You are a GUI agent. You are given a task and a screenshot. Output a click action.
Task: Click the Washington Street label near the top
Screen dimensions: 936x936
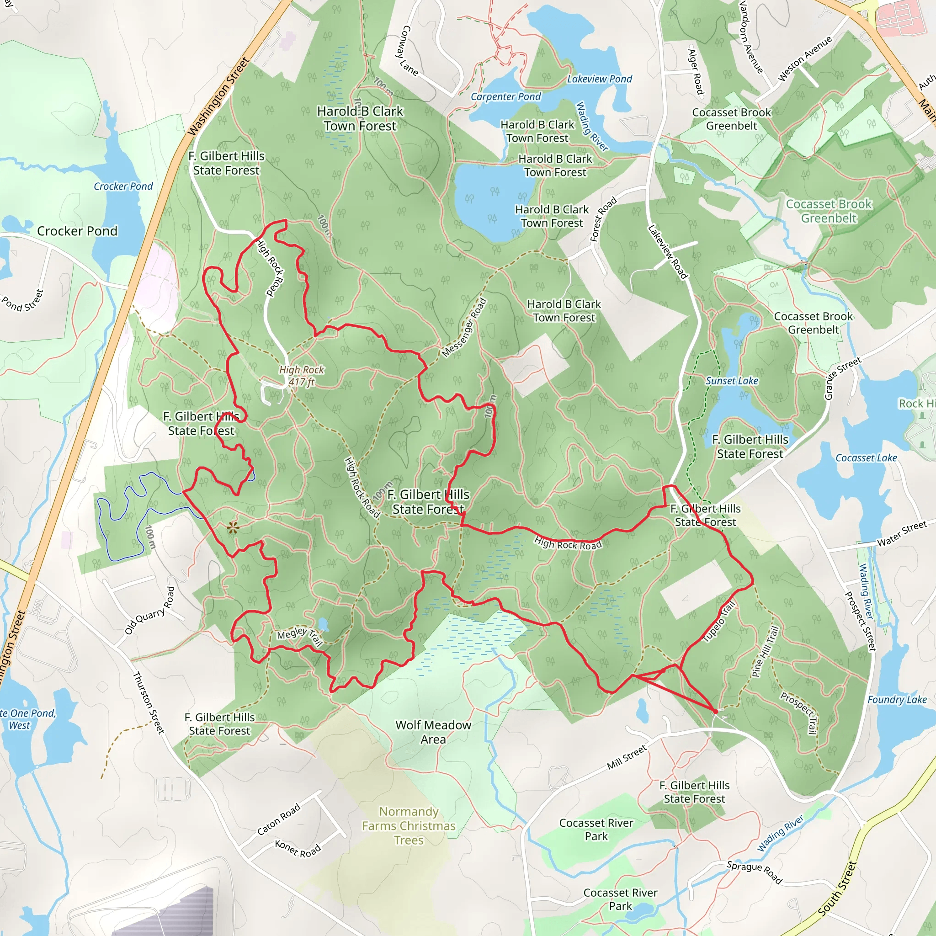point(218,97)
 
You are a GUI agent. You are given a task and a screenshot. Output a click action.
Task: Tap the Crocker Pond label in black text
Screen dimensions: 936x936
point(77,231)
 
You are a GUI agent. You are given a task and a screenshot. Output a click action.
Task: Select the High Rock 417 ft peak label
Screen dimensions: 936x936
point(301,376)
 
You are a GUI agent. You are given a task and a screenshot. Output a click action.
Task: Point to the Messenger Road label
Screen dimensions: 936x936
point(464,328)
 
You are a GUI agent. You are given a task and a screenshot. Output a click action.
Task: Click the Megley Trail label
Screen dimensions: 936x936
point(299,636)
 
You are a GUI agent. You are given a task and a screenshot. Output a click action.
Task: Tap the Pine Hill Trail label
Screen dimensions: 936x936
point(766,652)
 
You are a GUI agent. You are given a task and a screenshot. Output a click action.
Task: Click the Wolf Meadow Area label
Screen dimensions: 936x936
point(433,732)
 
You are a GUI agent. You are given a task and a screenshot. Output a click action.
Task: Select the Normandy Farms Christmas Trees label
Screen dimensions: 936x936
point(409,825)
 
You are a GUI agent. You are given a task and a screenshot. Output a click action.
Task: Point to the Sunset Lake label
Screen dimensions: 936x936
point(732,381)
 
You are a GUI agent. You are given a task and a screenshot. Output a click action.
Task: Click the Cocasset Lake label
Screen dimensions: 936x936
point(866,458)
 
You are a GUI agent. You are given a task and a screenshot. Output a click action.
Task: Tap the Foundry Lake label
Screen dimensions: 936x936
point(897,700)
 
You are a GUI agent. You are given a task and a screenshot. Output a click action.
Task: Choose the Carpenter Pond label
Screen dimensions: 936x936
point(506,97)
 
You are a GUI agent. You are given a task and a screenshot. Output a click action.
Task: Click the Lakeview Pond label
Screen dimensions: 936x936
point(599,79)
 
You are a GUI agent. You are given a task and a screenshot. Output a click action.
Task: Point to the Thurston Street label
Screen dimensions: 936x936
point(149,702)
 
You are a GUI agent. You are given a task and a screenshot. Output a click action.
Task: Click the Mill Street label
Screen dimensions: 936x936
point(627,757)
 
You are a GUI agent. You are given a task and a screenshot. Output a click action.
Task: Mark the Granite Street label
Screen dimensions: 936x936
point(843,378)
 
